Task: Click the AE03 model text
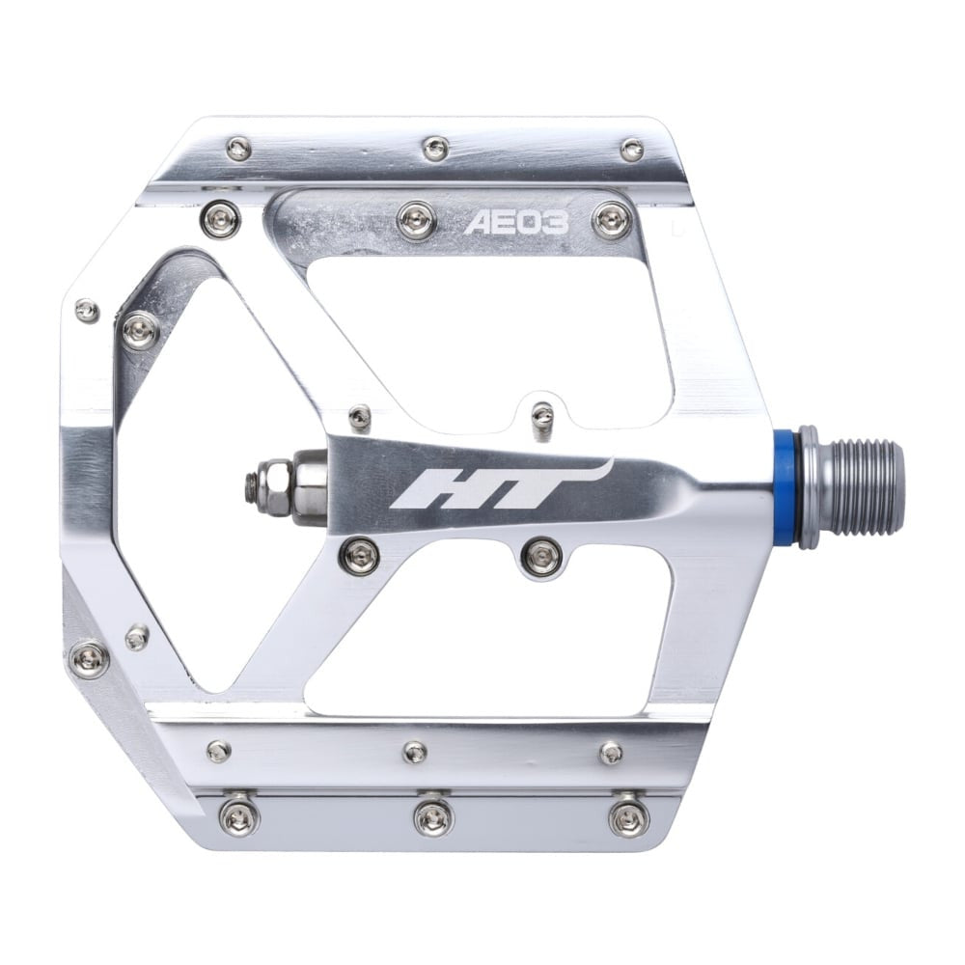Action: pyautogui.click(x=516, y=224)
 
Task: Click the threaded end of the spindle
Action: pyautogui.click(x=863, y=486)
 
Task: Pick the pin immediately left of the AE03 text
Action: pyautogui.click(x=416, y=219)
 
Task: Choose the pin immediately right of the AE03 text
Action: pyautogui.click(x=612, y=221)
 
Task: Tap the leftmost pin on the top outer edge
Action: pyautogui.click(x=238, y=149)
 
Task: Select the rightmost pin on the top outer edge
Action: pyautogui.click(x=632, y=150)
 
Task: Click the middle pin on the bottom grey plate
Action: pyautogui.click(x=432, y=817)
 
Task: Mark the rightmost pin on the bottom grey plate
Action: pyautogui.click(x=628, y=817)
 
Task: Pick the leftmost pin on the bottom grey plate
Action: pyautogui.click(x=237, y=817)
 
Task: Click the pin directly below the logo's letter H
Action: pyautogui.click(x=360, y=555)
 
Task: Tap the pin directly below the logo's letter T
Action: pyautogui.click(x=541, y=556)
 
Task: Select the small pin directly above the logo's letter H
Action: pyautogui.click(x=360, y=417)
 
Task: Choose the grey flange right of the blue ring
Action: pyautogui.click(x=809, y=486)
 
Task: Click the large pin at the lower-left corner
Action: pyautogui.click(x=90, y=659)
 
